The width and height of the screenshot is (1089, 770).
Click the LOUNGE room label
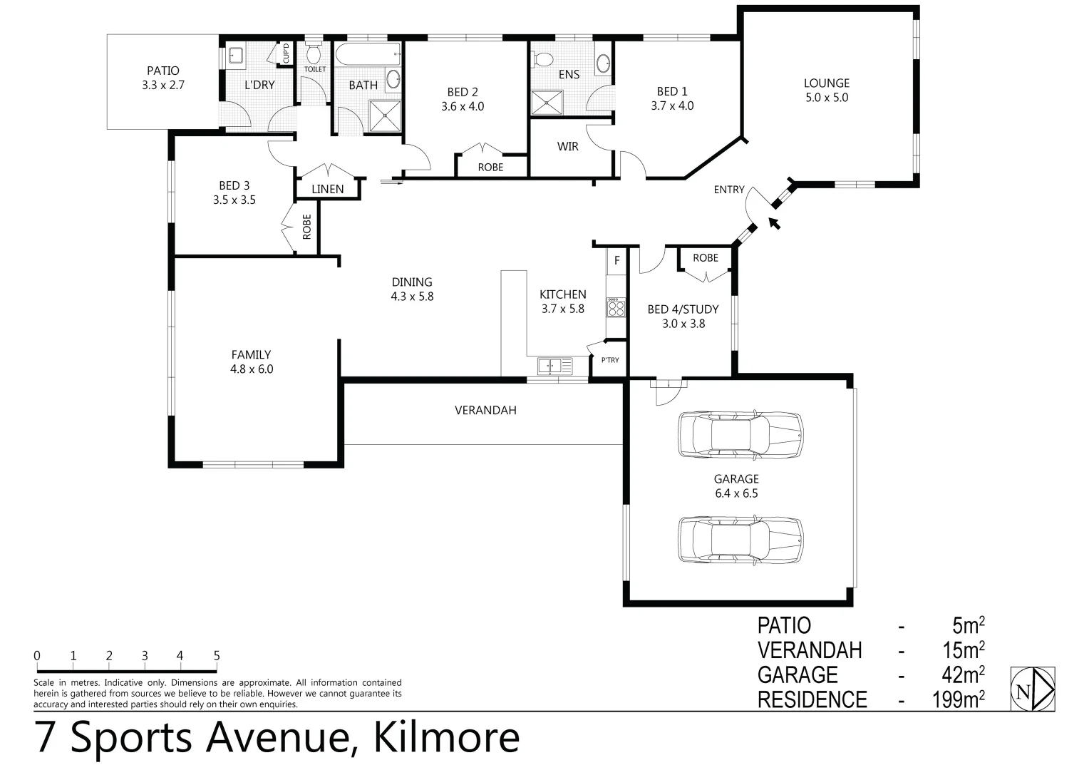click(x=827, y=83)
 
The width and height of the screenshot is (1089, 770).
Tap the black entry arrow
click(x=774, y=223)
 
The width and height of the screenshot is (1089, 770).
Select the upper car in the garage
click(x=740, y=434)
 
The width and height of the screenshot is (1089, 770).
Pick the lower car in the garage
click(x=740, y=539)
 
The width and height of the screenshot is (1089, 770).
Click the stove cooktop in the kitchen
click(x=615, y=308)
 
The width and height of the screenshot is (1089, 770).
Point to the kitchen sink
click(x=554, y=366)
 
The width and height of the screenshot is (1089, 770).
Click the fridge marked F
click(x=616, y=261)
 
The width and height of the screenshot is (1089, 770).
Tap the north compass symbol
click(x=1033, y=689)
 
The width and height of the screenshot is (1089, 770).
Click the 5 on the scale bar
click(x=216, y=656)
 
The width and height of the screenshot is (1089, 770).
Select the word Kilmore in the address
click(x=446, y=738)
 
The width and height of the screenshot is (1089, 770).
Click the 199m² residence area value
click(x=959, y=699)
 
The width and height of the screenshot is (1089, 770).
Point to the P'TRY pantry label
click(x=610, y=360)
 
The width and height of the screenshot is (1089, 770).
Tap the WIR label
click(x=568, y=146)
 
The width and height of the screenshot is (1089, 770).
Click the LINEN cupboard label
click(x=328, y=189)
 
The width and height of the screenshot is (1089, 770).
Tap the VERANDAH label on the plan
click(x=485, y=410)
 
